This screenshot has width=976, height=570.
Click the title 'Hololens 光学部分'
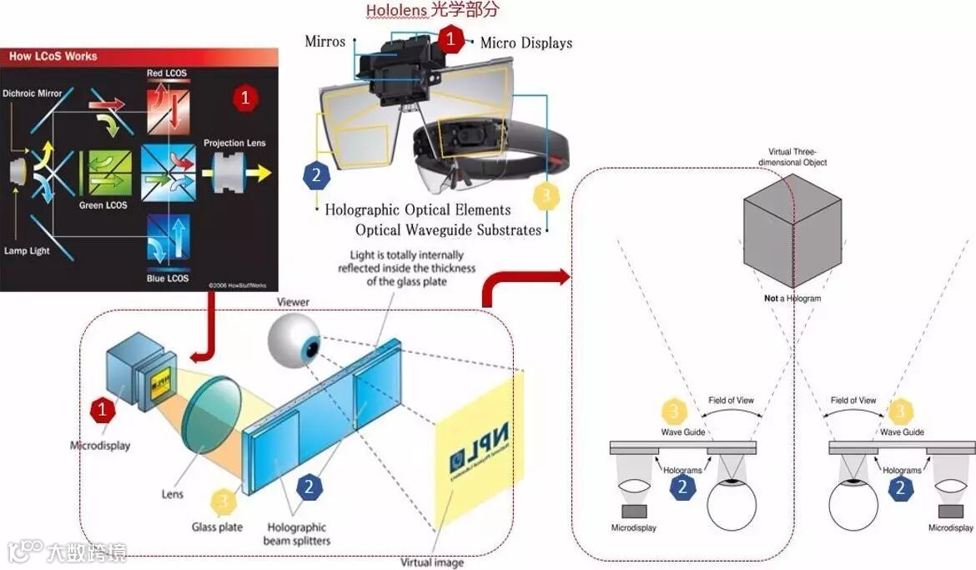point(432,11)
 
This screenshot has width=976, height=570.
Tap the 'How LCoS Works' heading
point(53,57)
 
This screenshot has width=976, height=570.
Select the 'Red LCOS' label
point(166,73)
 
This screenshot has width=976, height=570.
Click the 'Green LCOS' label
point(103,205)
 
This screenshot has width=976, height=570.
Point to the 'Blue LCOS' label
point(168,279)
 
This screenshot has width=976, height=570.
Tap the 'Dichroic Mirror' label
point(33,93)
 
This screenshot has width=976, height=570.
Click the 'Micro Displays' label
point(526,43)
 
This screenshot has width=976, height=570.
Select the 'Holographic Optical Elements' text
point(417,210)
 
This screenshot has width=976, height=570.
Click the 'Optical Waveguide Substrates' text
point(448,230)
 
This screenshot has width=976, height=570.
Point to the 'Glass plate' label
point(216,527)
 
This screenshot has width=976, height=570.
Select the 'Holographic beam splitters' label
point(297,534)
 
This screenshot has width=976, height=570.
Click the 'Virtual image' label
point(432,562)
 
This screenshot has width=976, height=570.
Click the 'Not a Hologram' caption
point(792,298)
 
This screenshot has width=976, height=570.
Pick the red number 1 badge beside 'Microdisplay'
point(103,409)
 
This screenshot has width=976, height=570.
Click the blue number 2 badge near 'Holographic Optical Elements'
point(315,175)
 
